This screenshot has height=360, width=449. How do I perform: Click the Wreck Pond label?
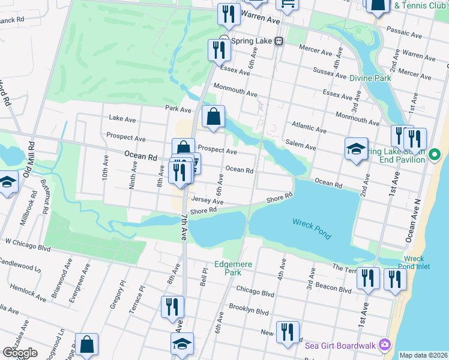pyautogui.click(x=311, y=229)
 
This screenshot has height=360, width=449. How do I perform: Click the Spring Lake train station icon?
pyautogui.click(x=279, y=41)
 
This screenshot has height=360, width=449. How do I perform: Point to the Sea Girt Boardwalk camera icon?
pyautogui.click(x=385, y=345)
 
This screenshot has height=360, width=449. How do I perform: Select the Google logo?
pyautogui.click(x=20, y=353)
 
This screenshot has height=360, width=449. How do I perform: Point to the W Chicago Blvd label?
pyautogui.click(x=28, y=243)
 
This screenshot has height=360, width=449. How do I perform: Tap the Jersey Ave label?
pyautogui.click(x=207, y=201)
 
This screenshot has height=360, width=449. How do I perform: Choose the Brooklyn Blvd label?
pyautogui.click(x=249, y=312)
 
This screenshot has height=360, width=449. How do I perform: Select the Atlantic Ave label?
pyautogui.click(x=309, y=128)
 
